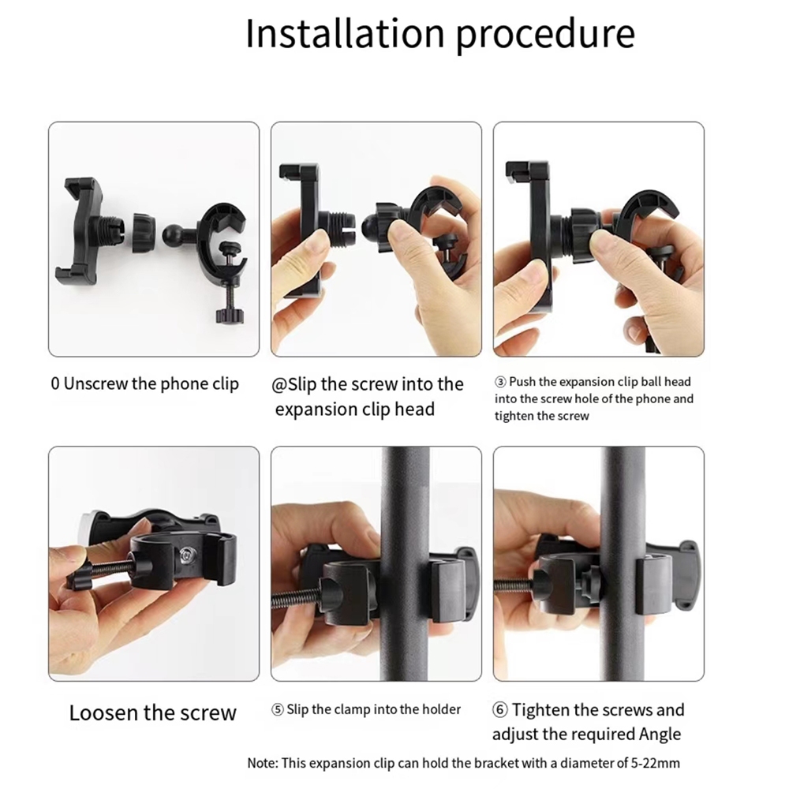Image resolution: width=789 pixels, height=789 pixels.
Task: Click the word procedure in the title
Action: [545, 36]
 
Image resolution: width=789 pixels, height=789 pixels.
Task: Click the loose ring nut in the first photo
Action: [144, 233]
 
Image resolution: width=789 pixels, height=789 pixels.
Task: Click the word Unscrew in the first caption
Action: [95, 383]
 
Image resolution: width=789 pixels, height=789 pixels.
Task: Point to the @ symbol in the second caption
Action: [279, 385]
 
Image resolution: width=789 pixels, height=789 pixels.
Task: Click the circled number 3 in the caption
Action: [500, 382]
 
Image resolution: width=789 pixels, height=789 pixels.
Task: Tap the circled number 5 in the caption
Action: [277, 710]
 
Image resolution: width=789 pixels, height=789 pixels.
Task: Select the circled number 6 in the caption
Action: [499, 710]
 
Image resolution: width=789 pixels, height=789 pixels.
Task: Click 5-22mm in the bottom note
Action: [655, 763]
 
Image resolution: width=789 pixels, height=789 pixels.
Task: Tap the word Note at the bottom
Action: [262, 763]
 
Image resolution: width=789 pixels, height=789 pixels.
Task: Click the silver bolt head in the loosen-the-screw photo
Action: [187, 555]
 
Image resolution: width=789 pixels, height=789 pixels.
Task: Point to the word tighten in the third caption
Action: [516, 416]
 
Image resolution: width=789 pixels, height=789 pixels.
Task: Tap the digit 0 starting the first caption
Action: [55, 383]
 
